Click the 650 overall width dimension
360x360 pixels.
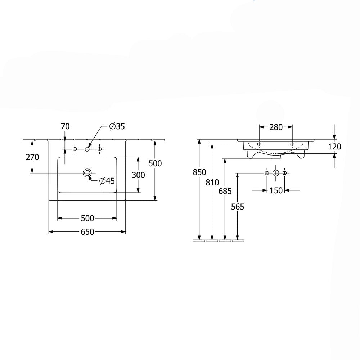(x=87, y=232)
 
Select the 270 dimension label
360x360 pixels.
(x=32, y=157)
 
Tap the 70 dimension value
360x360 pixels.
(x=65, y=126)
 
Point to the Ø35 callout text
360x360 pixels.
(x=117, y=126)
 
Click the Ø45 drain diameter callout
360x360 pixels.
(x=107, y=181)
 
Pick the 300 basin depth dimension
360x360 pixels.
(x=138, y=175)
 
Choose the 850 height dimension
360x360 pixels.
(x=199, y=172)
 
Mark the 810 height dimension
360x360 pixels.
(x=212, y=183)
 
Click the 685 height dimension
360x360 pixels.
(x=225, y=191)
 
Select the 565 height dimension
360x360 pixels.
(x=238, y=207)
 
